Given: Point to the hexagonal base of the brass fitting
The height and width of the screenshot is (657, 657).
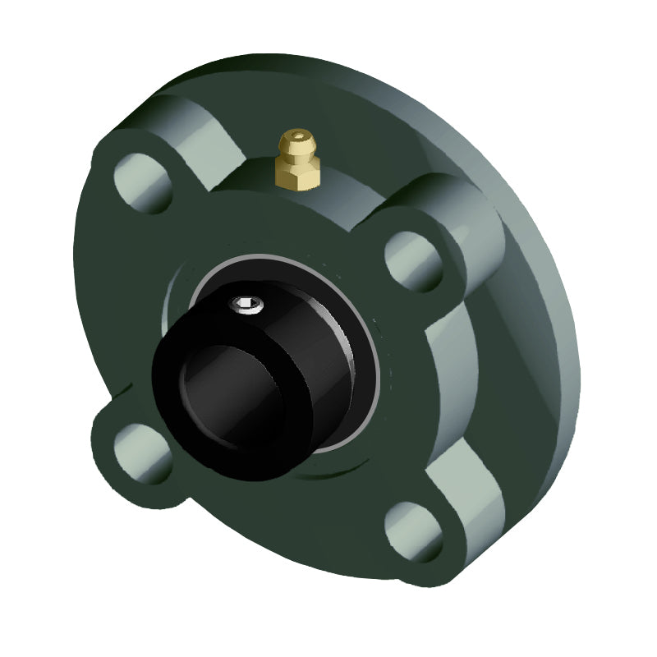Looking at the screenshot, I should coord(296,175).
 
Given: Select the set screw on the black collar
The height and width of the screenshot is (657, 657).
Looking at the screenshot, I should coord(246,306).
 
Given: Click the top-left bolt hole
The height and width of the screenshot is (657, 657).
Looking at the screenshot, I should coord(142,182).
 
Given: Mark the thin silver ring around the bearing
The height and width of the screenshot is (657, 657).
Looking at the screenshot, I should coord(374,361).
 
